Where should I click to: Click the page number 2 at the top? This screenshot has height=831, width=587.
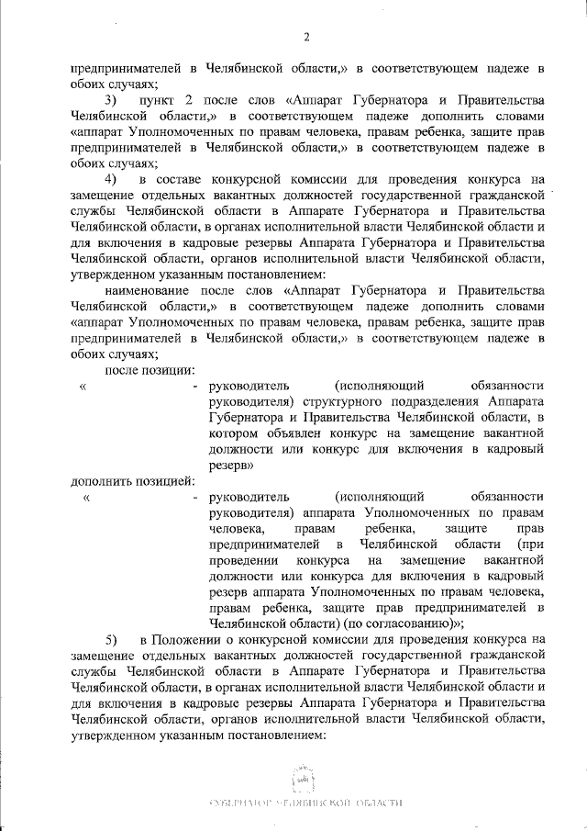306,37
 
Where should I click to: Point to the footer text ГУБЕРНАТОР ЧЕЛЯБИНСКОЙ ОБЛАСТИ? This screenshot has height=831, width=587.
306,803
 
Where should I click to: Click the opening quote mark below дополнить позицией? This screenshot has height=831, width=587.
85,498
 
